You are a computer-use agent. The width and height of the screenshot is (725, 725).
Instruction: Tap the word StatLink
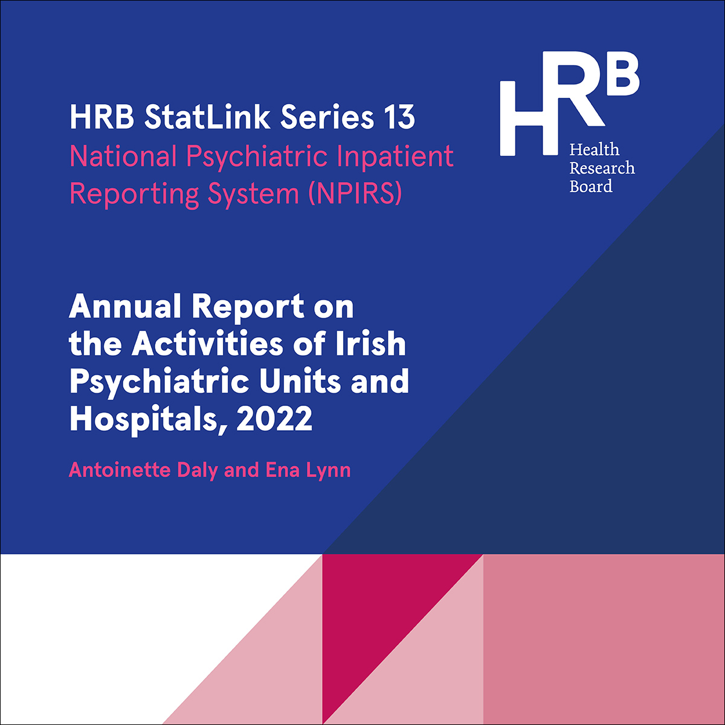[x=207, y=117]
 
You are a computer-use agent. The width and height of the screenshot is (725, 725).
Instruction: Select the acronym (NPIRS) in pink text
[x=355, y=193]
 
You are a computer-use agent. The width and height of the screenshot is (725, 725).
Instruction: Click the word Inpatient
[x=395, y=156]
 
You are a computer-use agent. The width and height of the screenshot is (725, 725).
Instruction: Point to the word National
[x=123, y=155]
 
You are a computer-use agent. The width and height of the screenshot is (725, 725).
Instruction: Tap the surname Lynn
[x=328, y=471]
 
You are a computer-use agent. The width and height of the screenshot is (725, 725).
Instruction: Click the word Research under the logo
[x=602, y=168]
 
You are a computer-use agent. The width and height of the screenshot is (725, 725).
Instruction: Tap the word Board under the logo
[x=591, y=187]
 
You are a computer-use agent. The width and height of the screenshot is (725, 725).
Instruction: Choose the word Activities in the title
[x=207, y=343]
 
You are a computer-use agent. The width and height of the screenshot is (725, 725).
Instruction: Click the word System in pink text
[x=253, y=195]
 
